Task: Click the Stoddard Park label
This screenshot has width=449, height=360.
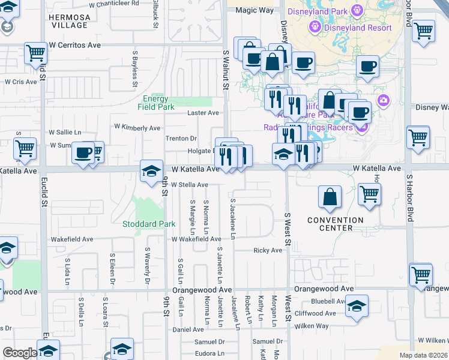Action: pos(149,224)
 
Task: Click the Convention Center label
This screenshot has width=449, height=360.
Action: pos(336,224)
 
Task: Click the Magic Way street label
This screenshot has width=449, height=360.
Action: pos(255,11)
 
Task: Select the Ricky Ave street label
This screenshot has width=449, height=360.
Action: pos(268,250)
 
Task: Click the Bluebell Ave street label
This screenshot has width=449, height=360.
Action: pos(327,302)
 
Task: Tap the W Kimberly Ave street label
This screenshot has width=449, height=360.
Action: pos(137,128)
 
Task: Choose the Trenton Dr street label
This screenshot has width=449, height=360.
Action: pos(181,139)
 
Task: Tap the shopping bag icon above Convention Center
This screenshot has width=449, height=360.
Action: pos(330,197)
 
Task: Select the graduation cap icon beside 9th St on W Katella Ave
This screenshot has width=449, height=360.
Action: pos(152,170)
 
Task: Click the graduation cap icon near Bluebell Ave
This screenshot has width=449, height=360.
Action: pos(357,307)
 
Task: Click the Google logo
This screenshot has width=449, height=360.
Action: pos(20,353)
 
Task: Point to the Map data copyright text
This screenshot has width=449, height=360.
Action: pos(423,355)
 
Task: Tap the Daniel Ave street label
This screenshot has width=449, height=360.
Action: pos(188,329)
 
